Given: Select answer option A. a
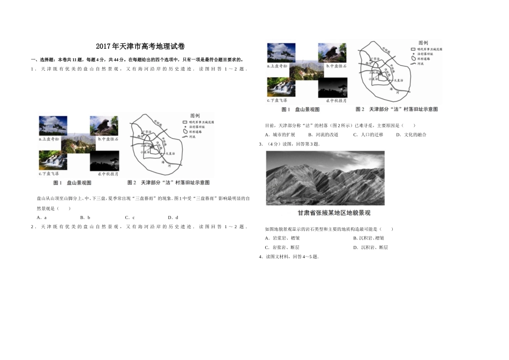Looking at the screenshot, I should [x=42, y=217].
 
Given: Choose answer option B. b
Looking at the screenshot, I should [x=85, y=217].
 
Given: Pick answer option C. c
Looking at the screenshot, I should [x=129, y=217].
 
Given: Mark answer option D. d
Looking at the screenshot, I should [x=173, y=217].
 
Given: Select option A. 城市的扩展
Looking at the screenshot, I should [x=280, y=134].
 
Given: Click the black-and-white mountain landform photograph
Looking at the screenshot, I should [x=325, y=177].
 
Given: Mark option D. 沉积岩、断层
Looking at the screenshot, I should [x=370, y=247].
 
